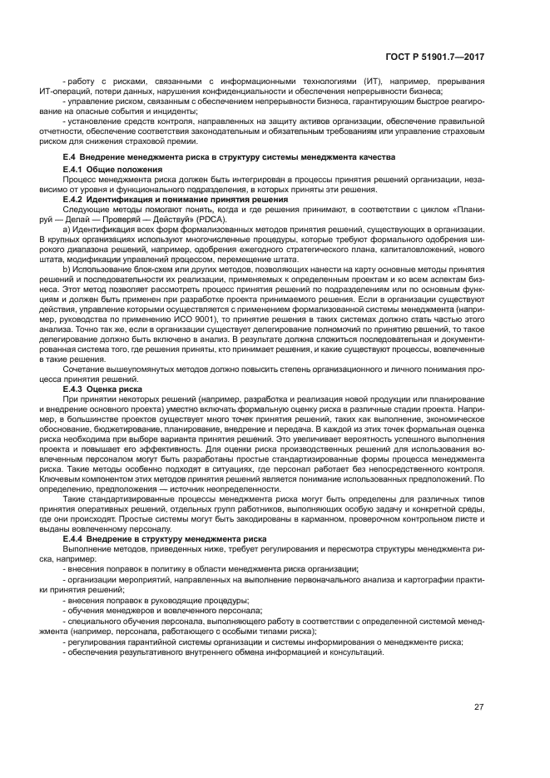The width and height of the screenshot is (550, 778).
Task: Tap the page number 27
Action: click(479, 707)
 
